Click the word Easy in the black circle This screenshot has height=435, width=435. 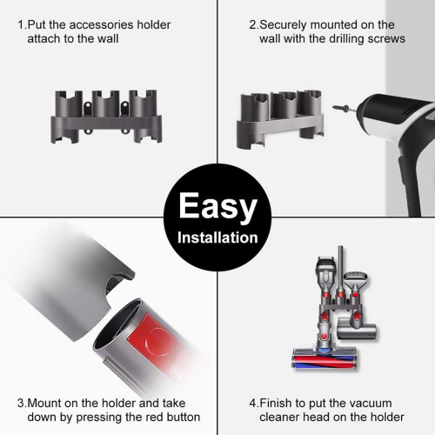click(217, 207)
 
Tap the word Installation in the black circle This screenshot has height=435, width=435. click(217, 238)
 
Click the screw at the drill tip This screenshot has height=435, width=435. click(342, 108)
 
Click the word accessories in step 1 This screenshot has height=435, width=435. click(102, 25)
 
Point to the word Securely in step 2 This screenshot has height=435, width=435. click(283, 25)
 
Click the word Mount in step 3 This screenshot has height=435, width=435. click(44, 403)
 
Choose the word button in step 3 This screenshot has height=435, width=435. click(184, 417)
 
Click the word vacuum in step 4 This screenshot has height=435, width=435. click(367, 404)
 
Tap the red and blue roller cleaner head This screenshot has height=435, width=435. click(324, 359)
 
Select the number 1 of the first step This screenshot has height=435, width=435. click(21, 25)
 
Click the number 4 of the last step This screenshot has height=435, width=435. click(253, 404)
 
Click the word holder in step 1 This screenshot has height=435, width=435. click(154, 25)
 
